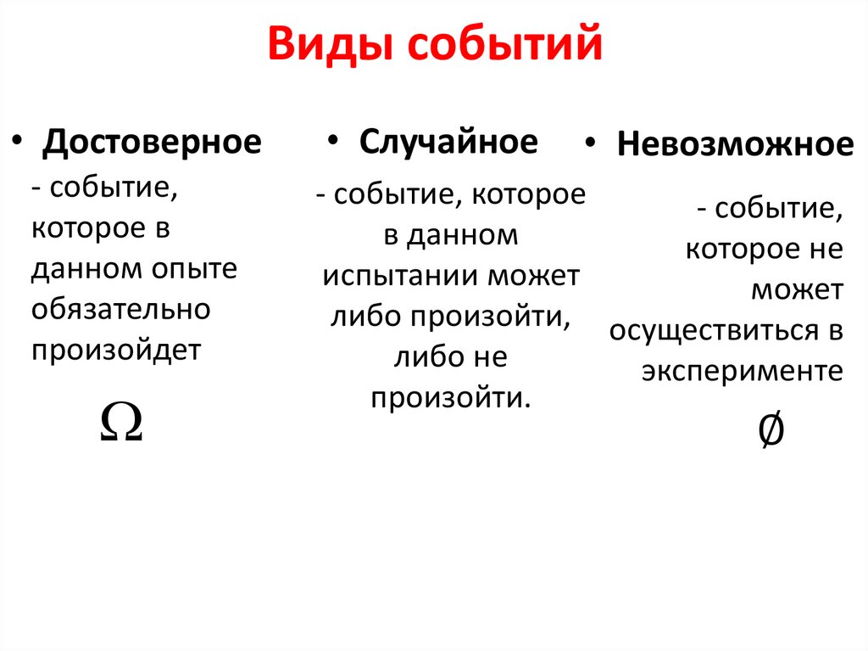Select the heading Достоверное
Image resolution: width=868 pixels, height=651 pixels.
153,142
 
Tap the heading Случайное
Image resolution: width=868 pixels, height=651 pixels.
448,142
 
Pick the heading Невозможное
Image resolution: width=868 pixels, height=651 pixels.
735,144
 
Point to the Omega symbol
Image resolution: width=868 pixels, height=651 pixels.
120,421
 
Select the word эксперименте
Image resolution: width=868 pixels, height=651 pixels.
742,372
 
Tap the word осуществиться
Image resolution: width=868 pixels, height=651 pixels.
709,331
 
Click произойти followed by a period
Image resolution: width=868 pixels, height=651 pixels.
449,398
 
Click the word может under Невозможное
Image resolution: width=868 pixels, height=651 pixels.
797,290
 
